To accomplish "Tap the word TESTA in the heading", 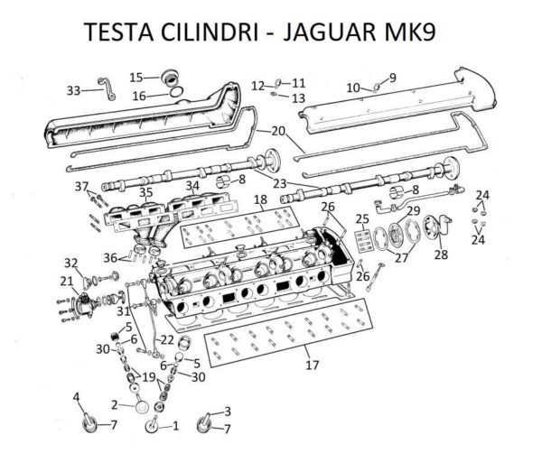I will pyautogui.click(x=116, y=34).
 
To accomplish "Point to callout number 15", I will pyautogui.click(x=135, y=77).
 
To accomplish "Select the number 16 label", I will pyautogui.click(x=139, y=96).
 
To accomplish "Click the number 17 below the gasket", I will pyautogui.click(x=313, y=366).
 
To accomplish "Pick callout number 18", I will pyautogui.click(x=259, y=199).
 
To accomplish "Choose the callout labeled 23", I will pyautogui.click(x=280, y=183).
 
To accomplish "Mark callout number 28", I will pyautogui.click(x=441, y=255).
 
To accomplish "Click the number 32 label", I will pyautogui.click(x=70, y=262).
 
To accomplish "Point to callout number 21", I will pyautogui.click(x=65, y=282).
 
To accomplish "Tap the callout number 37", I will pyautogui.click(x=82, y=187).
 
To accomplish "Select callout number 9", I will pyautogui.click(x=393, y=77).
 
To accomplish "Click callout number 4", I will pyautogui.click(x=76, y=396).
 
